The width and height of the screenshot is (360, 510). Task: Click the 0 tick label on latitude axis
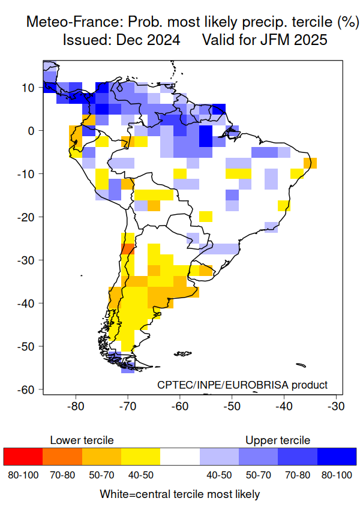33,131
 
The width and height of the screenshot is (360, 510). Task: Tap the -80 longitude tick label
76,406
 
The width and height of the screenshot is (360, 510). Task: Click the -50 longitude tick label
232,406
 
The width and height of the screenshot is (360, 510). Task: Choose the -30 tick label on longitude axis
335,406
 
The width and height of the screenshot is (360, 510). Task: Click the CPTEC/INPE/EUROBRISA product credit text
242,385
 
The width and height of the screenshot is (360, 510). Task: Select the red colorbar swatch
23,457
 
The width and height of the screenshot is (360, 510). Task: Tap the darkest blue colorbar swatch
337,457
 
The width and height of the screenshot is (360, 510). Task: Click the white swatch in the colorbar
180,457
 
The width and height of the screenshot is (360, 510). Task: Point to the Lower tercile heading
82,440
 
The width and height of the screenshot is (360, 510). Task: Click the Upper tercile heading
278,440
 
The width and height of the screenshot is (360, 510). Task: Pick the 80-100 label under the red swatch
23,475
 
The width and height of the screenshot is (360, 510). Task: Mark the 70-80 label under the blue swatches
298,475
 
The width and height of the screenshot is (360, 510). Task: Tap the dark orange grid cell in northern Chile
127,250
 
